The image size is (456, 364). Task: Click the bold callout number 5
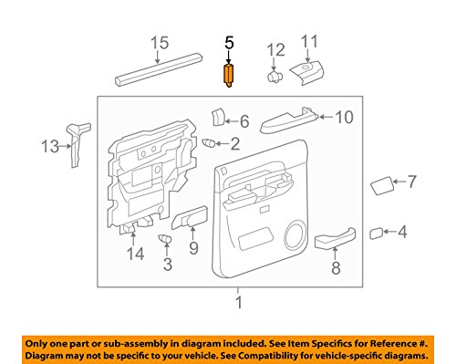pyautogui.click(x=229, y=42)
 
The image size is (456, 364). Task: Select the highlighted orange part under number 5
pyautogui.click(x=229, y=73)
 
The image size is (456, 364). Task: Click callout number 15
pyautogui.click(x=161, y=42)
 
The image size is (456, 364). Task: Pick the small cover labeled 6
pyautogui.click(x=219, y=117)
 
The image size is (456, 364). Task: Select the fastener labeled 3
pyautogui.click(x=165, y=238)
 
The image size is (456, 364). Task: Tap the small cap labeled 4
pyautogui.click(x=375, y=234)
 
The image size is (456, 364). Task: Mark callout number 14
pyautogui.click(x=135, y=255)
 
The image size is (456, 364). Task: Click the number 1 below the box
pyautogui.click(x=239, y=303)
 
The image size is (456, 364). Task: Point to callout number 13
pyautogui.click(x=50, y=144)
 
